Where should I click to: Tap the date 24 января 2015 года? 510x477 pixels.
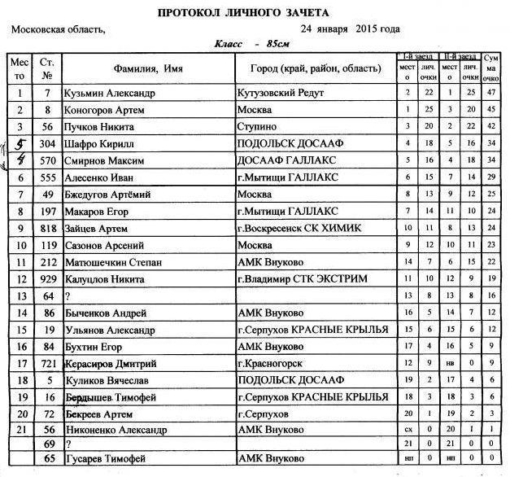pos(350,29)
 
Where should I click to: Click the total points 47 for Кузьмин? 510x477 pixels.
pos(490,93)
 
